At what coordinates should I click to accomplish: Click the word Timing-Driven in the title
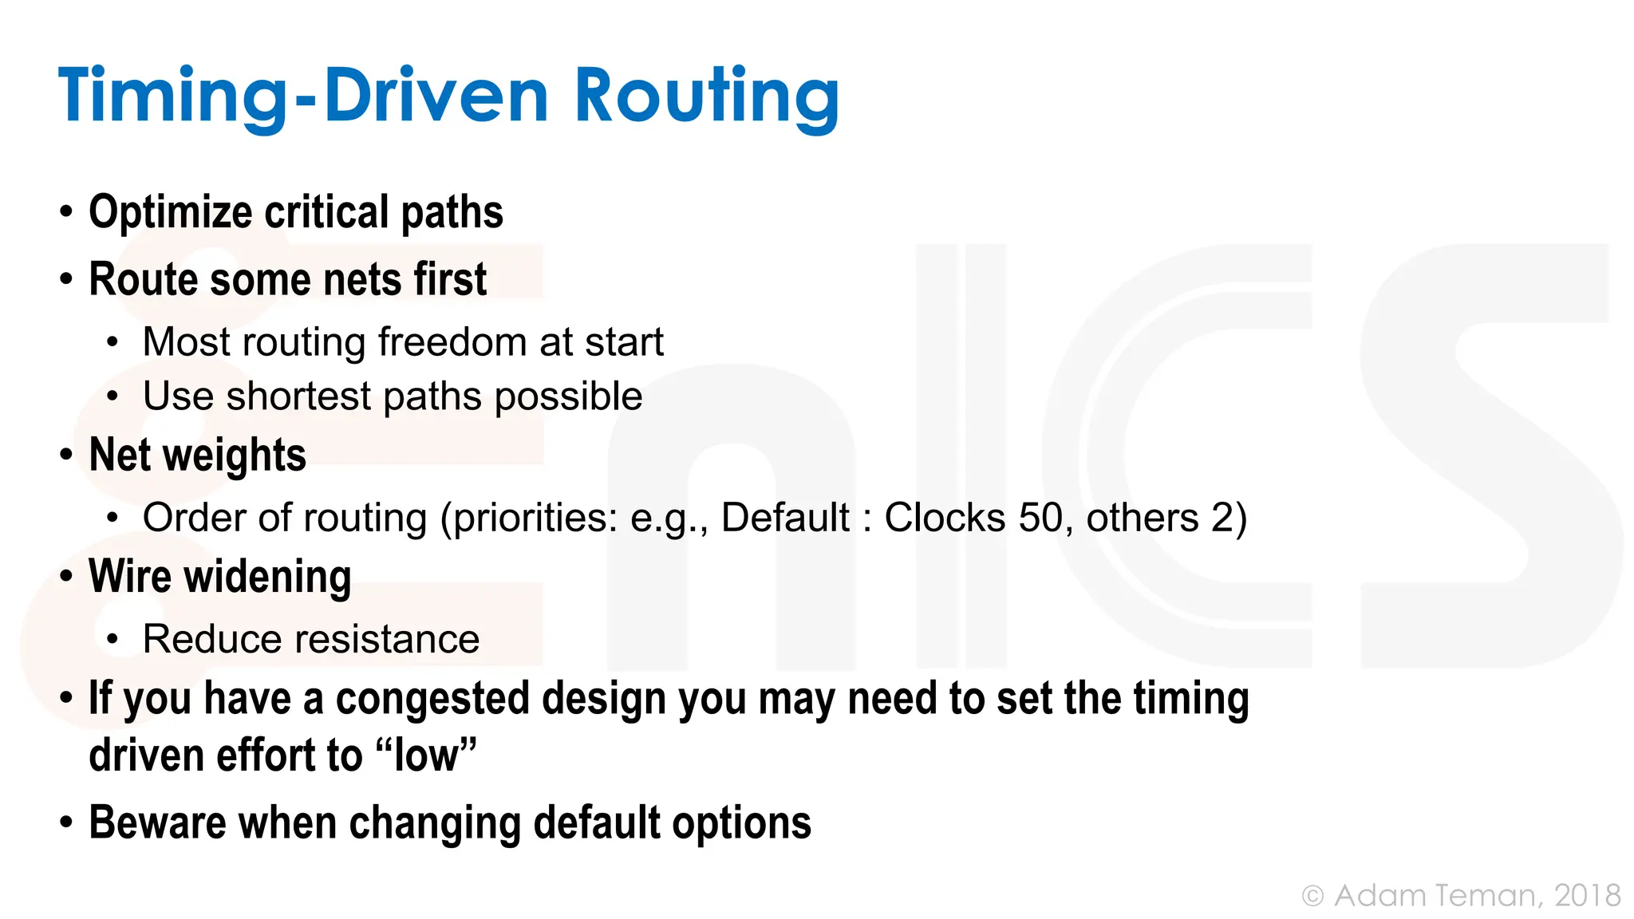pyautogui.click(x=303, y=96)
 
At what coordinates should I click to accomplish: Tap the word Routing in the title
pyautogui.click(x=706, y=96)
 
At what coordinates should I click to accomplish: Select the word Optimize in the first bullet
pyautogui.click(x=171, y=212)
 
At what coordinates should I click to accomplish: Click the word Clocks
pyautogui.click(x=945, y=518)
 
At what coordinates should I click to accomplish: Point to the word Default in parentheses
pyautogui.click(x=785, y=518)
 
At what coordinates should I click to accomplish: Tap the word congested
pyautogui.click(x=432, y=699)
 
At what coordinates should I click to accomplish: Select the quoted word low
pyautogui.click(x=427, y=755)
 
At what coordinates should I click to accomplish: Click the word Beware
pyautogui.click(x=157, y=822)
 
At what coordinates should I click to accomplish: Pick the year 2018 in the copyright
pyautogui.click(x=1587, y=895)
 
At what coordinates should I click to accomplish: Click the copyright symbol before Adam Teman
pyautogui.click(x=1312, y=896)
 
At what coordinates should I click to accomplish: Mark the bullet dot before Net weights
pyautogui.click(x=66, y=456)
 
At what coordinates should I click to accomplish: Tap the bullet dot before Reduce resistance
pyautogui.click(x=112, y=639)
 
